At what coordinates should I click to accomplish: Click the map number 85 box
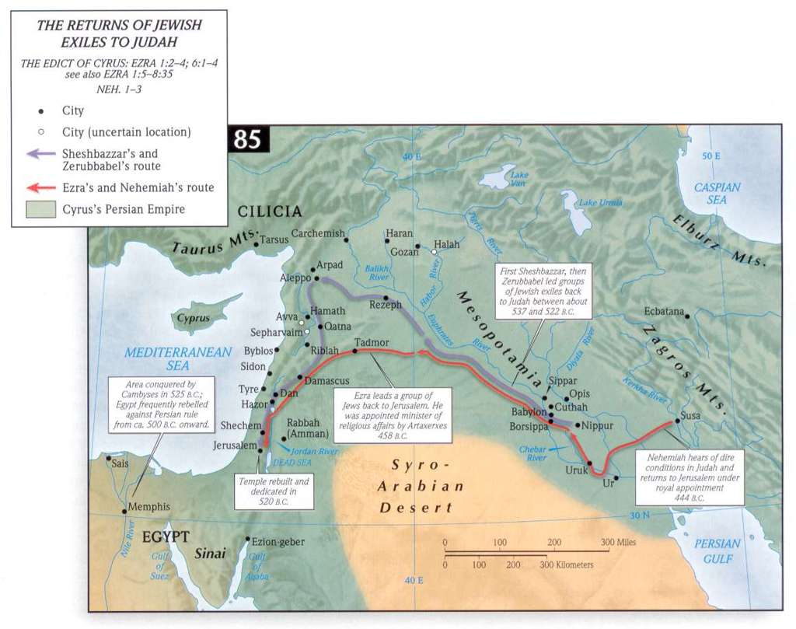pos(247,140)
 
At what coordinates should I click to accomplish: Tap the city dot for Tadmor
pos(355,351)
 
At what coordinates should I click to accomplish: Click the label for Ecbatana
pos(664,311)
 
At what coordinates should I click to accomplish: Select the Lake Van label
pos(518,180)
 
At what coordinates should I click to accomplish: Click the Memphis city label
pos(148,506)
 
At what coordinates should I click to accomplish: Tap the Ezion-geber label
pos(278,541)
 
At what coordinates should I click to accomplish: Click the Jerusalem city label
pos(234,446)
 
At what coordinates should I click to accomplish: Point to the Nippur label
pos(597,426)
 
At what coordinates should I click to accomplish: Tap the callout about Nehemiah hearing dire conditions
pos(687,476)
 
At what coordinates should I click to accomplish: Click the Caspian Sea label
pos(717,194)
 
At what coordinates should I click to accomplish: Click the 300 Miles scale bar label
pos(620,541)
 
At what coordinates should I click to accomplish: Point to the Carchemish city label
pos(317,232)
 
